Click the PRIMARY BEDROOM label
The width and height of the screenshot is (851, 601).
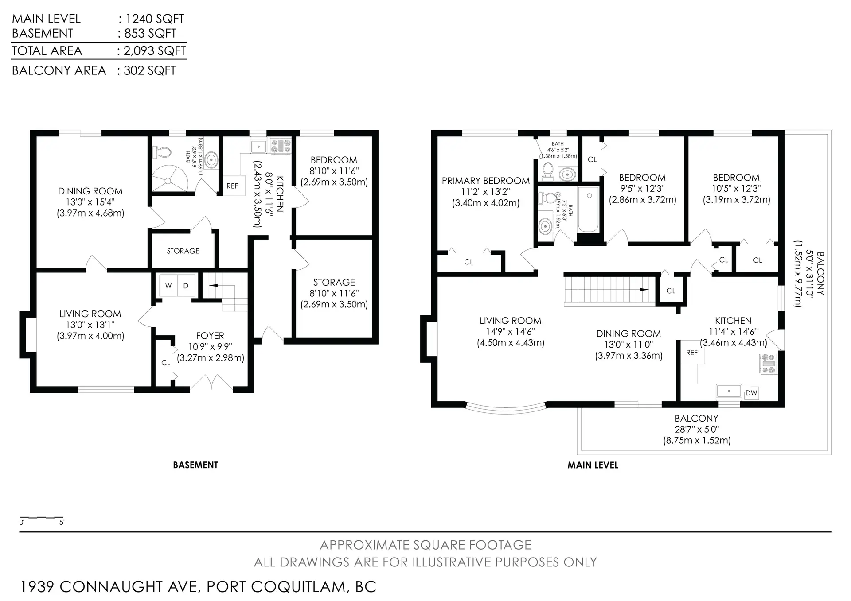click(x=486, y=181)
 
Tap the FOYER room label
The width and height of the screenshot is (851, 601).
click(x=210, y=336)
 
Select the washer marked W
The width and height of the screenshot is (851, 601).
click(x=168, y=286)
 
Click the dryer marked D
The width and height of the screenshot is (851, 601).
click(x=186, y=286)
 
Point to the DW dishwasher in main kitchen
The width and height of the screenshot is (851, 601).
click(x=751, y=393)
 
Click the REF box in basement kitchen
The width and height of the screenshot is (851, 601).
click(x=232, y=186)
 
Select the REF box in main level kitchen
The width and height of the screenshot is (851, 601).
click(x=692, y=353)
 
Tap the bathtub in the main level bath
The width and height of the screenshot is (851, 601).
click(x=589, y=209)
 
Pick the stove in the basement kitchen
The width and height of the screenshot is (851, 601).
click(x=281, y=146)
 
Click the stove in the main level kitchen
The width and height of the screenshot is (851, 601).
click(x=769, y=363)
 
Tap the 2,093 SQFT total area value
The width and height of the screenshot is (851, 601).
click(x=155, y=51)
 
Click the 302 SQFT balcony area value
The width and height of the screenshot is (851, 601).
click(x=150, y=70)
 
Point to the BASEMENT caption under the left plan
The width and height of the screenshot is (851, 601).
click(x=195, y=465)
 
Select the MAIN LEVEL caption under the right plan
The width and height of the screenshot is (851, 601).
click(x=593, y=465)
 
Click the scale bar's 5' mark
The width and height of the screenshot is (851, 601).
click(x=62, y=522)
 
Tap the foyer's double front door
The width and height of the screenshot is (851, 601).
click(x=212, y=382)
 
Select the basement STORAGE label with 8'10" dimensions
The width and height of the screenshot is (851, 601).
click(x=334, y=282)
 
